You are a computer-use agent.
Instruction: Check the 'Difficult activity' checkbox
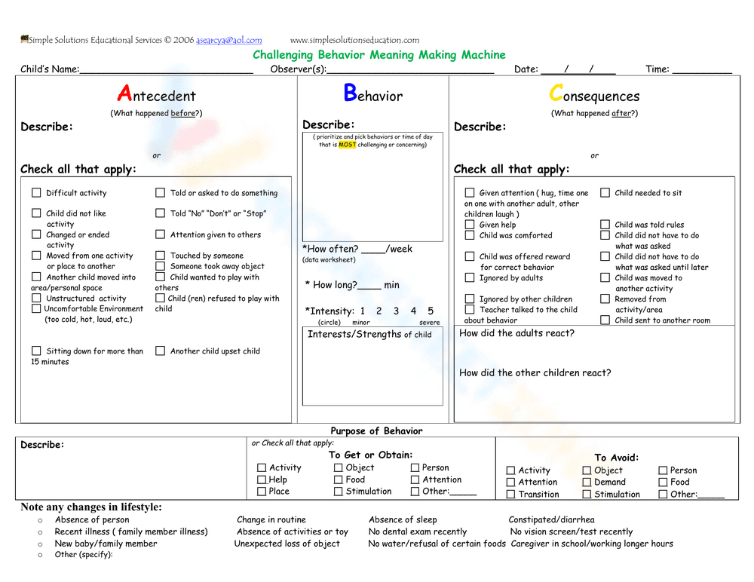pos(36,193)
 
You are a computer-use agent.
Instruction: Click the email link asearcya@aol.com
pos(229,40)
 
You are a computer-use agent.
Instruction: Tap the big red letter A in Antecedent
pos(124,94)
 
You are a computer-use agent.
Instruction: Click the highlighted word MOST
pos(347,145)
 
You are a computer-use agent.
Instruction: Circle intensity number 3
pos(396,311)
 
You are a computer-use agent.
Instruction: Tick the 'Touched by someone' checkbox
pos(160,256)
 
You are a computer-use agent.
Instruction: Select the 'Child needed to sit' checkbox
pos(605,193)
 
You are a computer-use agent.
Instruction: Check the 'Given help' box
pos(470,225)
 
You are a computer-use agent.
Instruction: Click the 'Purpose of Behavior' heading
pos(376,431)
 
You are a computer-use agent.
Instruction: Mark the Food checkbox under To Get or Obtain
pos(339,479)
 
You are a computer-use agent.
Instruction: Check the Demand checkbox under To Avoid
pos(587,482)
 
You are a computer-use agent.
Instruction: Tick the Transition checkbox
pos(510,495)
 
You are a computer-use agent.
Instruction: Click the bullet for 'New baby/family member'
pos(40,544)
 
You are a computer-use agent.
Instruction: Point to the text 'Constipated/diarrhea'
pos(551,519)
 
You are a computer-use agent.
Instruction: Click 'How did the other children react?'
pos(535,372)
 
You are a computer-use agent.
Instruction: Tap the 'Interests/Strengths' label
pos(354,334)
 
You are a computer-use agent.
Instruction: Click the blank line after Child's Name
pos(166,70)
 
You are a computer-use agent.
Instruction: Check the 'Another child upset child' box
pos(160,351)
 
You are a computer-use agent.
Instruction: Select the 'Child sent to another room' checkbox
pos(605,320)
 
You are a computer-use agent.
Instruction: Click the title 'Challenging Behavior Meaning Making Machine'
pos(379,55)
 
